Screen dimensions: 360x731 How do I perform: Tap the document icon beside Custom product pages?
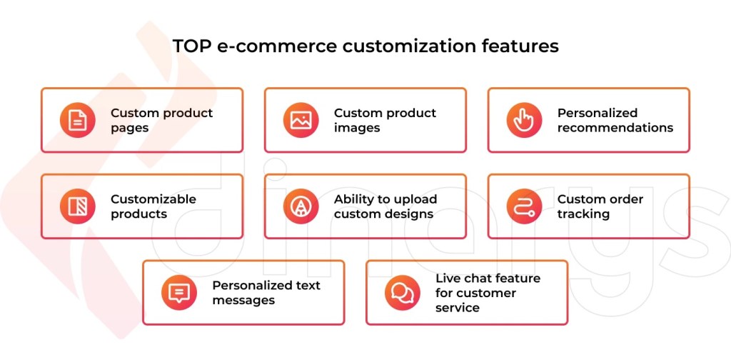(77, 120)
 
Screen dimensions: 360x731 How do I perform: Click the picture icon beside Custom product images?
(301, 120)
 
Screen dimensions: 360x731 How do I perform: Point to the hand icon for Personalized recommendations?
(524, 120)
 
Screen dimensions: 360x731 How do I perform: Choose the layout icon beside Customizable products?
(77, 206)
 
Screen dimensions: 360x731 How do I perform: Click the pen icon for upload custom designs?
(301, 206)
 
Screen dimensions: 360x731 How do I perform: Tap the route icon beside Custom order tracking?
(524, 206)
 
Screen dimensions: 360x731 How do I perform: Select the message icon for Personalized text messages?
(178, 293)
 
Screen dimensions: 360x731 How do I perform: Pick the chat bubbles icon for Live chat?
(402, 293)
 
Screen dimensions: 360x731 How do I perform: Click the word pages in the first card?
(130, 129)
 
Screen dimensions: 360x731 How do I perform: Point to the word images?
(357, 129)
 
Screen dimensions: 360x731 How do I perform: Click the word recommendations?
(615, 128)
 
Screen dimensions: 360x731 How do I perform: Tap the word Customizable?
(153, 199)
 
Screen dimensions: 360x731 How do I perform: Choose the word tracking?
(583, 214)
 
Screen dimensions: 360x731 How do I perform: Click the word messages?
(243, 301)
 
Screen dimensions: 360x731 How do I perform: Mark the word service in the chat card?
(457, 308)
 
